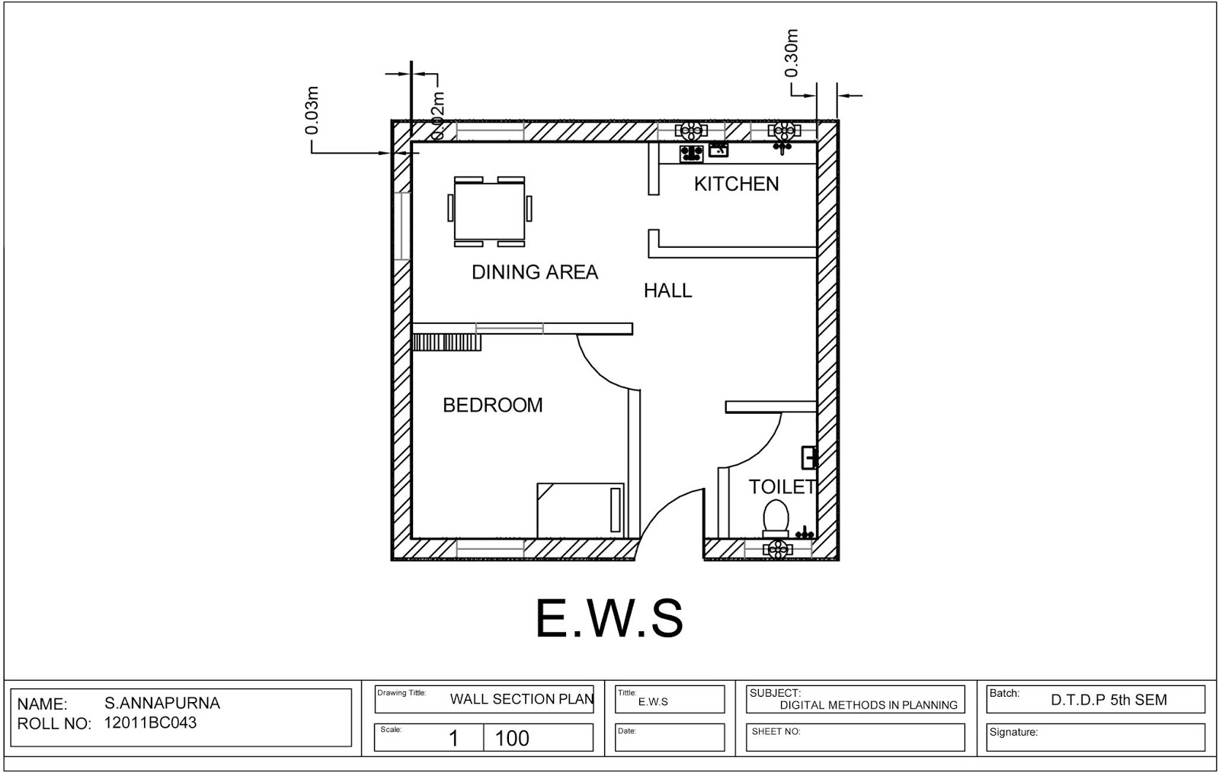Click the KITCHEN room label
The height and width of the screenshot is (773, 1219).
736,184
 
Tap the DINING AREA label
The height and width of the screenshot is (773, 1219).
534,272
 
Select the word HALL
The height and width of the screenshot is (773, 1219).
667,290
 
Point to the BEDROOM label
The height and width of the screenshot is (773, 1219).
493,405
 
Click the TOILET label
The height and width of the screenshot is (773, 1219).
782,486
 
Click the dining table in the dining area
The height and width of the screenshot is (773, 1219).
489,212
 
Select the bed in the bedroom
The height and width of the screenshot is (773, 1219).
580,510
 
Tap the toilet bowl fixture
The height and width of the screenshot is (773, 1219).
776,517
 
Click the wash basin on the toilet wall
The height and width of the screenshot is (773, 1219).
809,457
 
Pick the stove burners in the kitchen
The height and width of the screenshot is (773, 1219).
691,153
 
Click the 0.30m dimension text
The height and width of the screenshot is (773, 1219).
792,53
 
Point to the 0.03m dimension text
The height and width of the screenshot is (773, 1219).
312,111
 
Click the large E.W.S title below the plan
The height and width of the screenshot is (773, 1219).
609,618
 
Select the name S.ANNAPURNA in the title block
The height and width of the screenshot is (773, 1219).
162,703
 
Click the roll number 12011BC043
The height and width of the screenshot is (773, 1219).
150,723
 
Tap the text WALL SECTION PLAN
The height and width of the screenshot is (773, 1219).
522,699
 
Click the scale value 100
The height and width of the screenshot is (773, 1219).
512,738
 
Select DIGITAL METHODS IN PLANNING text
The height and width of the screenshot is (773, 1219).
869,705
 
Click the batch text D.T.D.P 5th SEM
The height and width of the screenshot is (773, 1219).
1109,700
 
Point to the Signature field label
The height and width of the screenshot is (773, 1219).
1013,732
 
